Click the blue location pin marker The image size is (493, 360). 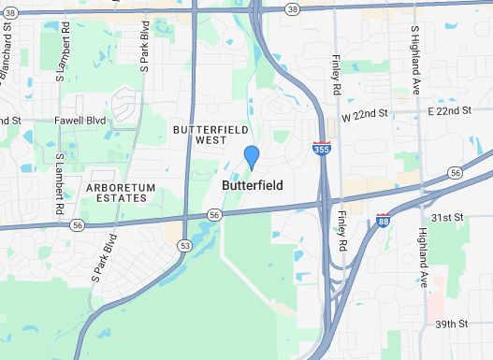click(251, 157)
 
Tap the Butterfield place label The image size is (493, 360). click(252, 186)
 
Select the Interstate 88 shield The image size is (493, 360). click(384, 221)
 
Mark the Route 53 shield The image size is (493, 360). click(185, 245)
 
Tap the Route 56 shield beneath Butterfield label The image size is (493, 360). click(214, 215)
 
